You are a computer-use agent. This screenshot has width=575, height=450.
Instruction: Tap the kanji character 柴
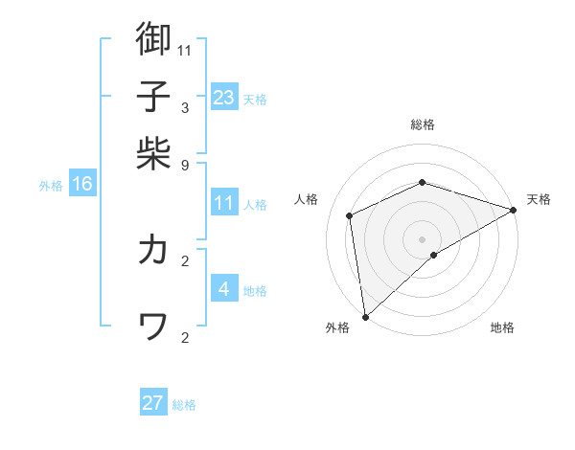click(x=153, y=153)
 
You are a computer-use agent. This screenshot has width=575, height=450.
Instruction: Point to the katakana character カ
click(x=153, y=250)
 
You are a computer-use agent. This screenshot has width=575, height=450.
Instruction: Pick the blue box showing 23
click(x=224, y=97)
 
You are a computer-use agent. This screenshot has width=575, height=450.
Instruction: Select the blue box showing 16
click(x=82, y=184)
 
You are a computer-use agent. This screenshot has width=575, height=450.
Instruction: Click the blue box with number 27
click(x=153, y=403)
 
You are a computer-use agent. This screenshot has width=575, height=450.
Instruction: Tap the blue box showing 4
click(x=224, y=288)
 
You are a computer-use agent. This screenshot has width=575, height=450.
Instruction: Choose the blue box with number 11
click(x=224, y=203)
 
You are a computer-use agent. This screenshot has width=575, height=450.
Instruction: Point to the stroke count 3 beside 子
click(x=185, y=107)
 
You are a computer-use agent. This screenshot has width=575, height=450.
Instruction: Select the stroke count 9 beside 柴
click(x=185, y=165)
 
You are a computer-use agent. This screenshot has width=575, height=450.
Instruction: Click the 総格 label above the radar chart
click(x=423, y=124)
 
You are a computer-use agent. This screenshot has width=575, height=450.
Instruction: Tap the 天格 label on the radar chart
click(x=539, y=199)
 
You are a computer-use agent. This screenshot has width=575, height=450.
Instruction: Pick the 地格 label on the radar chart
click(x=502, y=327)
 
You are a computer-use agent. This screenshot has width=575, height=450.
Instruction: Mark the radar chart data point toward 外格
click(x=365, y=317)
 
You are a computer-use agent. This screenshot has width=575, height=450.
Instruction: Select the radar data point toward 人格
click(x=350, y=215)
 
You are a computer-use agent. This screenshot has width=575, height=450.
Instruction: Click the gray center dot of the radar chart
click(x=423, y=238)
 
